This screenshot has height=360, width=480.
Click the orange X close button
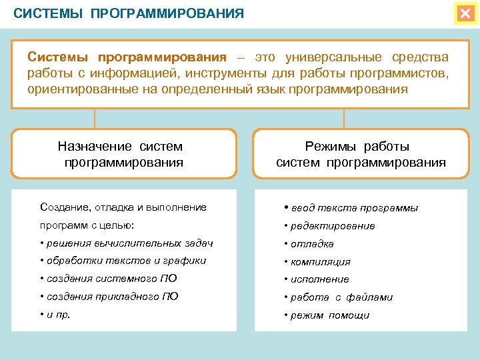[465, 13]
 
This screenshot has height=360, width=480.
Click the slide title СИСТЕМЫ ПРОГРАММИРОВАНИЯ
[129, 13]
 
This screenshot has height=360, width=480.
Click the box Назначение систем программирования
[124, 154]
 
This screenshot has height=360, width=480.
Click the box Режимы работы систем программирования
[361, 154]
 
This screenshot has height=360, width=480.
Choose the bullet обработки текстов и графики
[125, 261]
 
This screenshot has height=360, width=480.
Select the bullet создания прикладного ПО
[111, 297]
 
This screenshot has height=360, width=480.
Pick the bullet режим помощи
[329, 315]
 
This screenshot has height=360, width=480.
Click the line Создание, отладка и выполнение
[123, 207]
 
